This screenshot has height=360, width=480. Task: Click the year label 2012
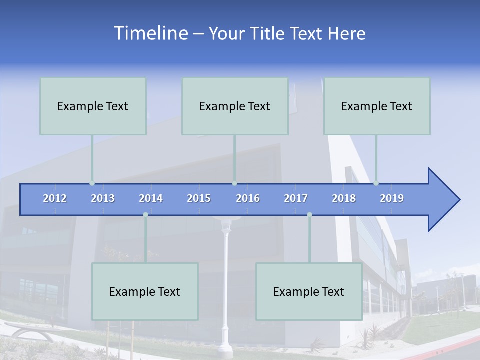click(x=55, y=198)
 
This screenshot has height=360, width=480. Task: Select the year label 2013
click(x=103, y=198)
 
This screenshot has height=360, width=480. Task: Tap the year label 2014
click(x=151, y=198)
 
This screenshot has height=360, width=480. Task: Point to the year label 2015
click(x=199, y=198)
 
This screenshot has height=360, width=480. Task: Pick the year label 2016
click(x=248, y=198)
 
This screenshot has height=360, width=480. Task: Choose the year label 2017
click(x=296, y=198)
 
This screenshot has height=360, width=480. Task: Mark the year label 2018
click(x=344, y=198)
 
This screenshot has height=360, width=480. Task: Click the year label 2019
click(x=392, y=198)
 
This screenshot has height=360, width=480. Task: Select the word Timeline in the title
click(x=150, y=33)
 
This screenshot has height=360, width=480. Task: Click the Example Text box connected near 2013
click(x=93, y=106)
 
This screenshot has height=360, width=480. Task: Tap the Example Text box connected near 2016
click(x=235, y=106)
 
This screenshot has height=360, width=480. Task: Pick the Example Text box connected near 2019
click(x=377, y=106)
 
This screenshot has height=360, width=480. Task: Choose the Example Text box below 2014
click(x=145, y=291)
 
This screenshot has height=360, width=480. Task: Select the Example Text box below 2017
click(x=309, y=291)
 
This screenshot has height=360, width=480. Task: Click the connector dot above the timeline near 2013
click(x=92, y=183)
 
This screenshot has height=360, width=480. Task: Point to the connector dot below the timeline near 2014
click(x=145, y=215)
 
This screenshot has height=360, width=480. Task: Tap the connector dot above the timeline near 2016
click(x=234, y=183)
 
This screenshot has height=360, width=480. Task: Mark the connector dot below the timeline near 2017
click(x=309, y=215)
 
